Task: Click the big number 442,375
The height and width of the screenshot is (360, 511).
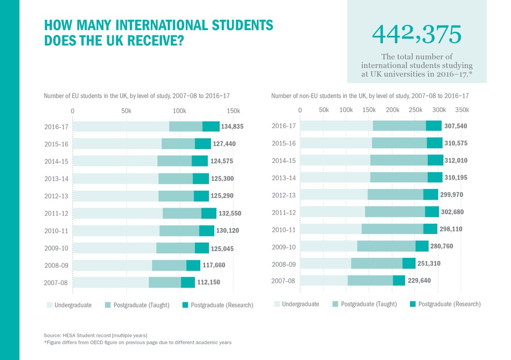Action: point(416,35)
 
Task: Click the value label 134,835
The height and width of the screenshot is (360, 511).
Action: point(232,126)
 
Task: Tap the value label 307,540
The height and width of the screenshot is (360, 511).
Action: point(455,126)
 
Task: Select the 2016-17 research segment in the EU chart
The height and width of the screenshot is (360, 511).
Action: point(211,126)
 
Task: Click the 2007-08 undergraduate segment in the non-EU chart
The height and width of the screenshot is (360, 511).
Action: point(324,280)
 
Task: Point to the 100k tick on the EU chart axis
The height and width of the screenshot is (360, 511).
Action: point(179,111)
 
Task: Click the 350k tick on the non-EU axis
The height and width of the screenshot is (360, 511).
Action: point(462,110)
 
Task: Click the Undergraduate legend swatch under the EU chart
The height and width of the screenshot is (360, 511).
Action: point(50,305)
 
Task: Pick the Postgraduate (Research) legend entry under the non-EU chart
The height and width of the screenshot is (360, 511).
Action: point(445,304)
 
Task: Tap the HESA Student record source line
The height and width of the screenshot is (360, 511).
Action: point(95,335)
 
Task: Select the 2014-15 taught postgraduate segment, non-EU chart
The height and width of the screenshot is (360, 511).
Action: point(399,160)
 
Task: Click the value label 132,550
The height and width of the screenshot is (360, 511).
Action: point(231,213)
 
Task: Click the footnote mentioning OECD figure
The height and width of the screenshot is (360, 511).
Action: point(138,343)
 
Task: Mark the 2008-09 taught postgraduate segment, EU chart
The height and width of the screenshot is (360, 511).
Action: point(169,265)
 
